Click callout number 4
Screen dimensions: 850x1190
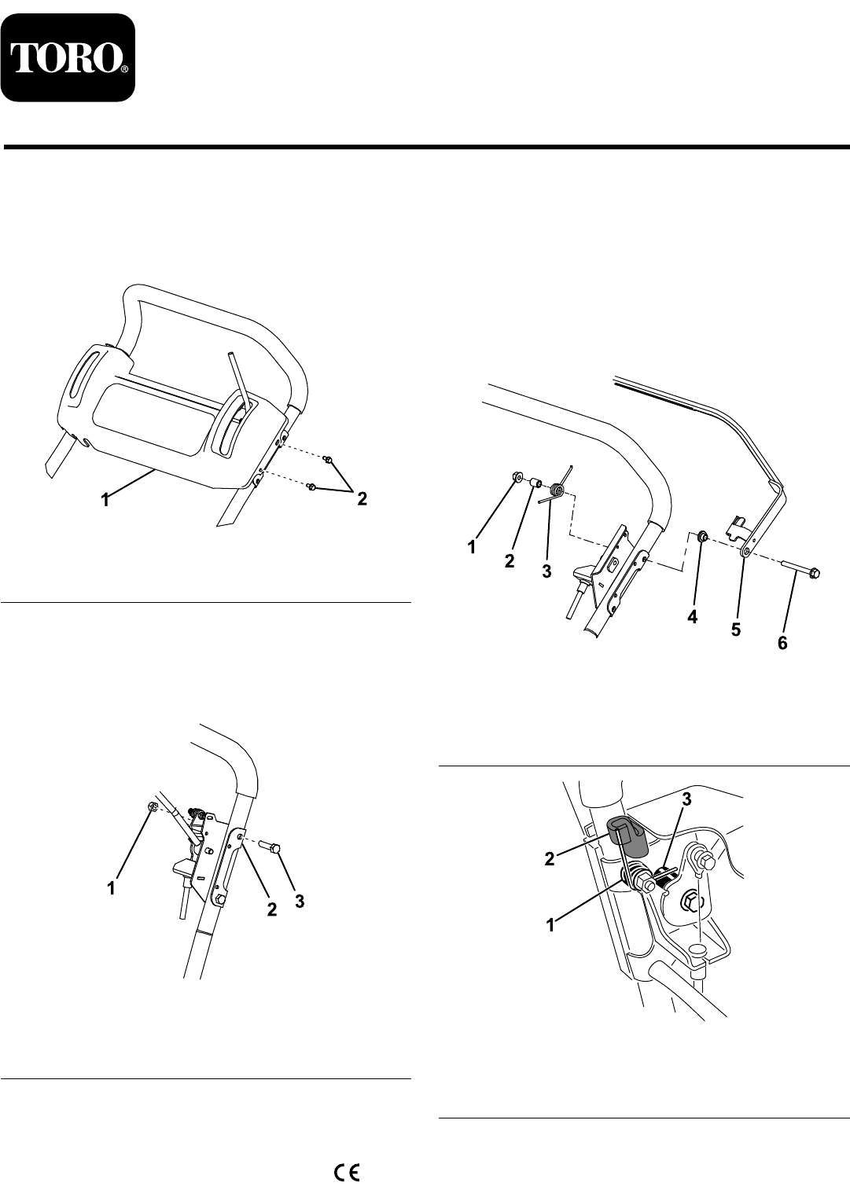click(x=692, y=617)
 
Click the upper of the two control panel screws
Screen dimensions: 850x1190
click(x=329, y=458)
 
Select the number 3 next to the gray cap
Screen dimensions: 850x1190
click(x=686, y=800)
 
